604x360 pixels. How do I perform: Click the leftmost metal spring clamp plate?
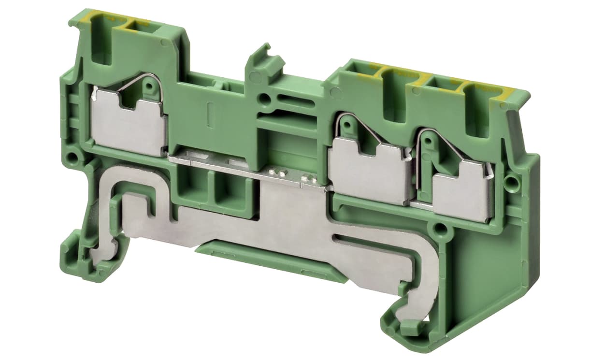point(128,123)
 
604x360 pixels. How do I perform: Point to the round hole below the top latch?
point(264,100)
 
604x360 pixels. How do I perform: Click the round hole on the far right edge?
point(510,182)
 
